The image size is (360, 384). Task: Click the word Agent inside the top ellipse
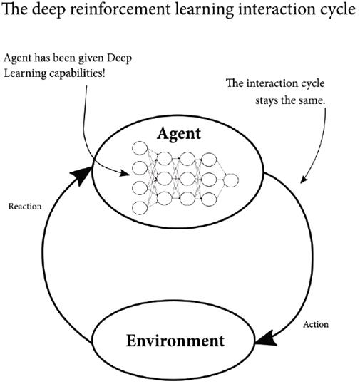[x=180, y=133]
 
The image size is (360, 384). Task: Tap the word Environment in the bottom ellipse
[x=175, y=340]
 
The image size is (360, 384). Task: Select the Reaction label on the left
[x=25, y=207]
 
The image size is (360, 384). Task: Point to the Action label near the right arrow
[x=315, y=324]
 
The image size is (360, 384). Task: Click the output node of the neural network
[x=230, y=182]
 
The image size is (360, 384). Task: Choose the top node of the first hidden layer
[x=163, y=157]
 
